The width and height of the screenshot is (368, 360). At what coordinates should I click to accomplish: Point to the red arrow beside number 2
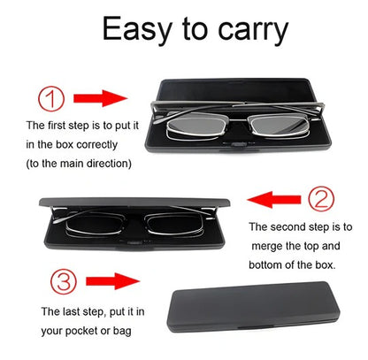[x=273, y=196]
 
